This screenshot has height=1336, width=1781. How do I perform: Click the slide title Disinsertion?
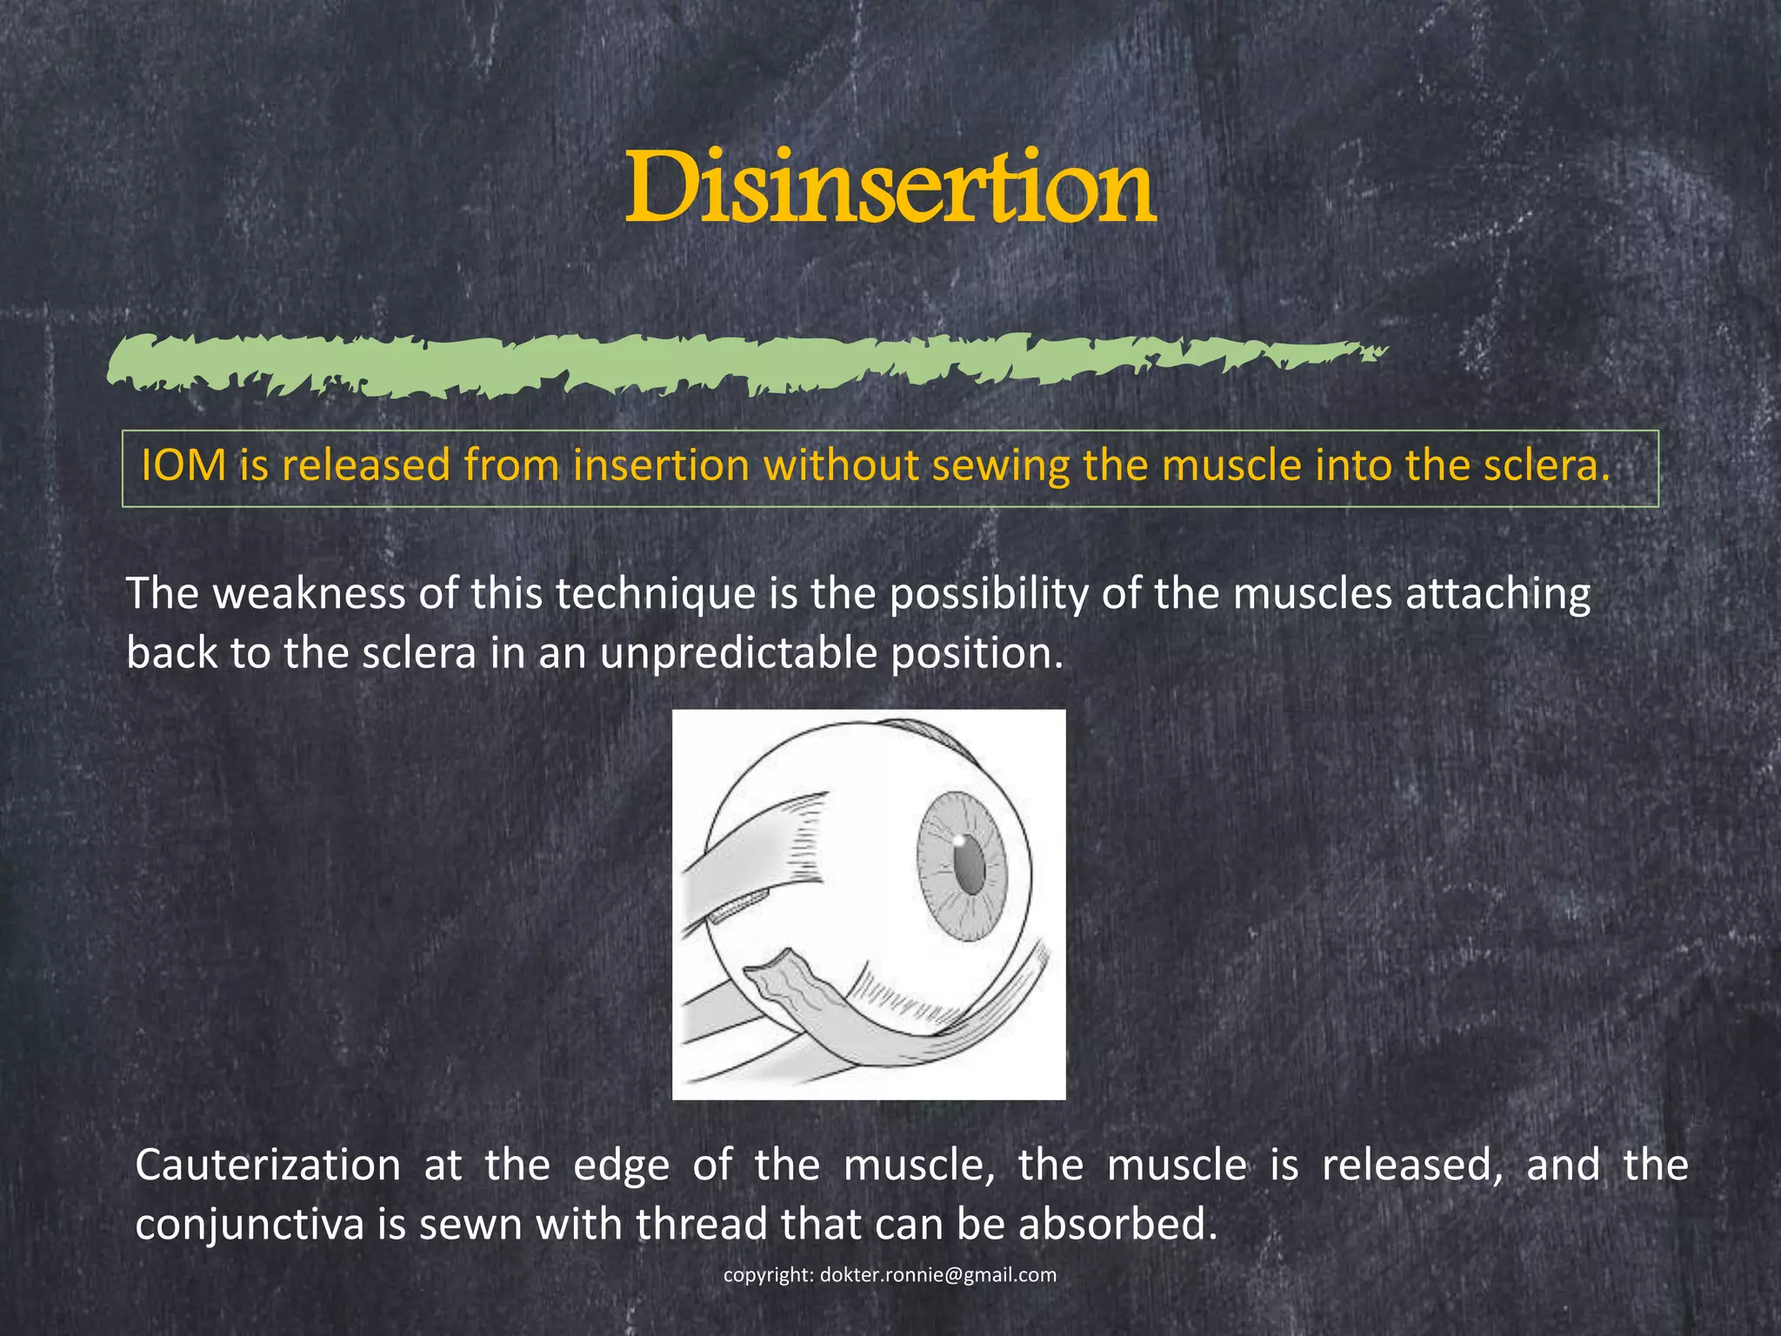(x=890, y=187)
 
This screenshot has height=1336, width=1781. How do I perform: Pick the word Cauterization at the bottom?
(x=268, y=1166)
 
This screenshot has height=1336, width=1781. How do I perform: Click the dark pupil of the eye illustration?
(x=968, y=865)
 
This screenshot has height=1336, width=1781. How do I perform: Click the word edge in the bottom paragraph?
(x=622, y=1166)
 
